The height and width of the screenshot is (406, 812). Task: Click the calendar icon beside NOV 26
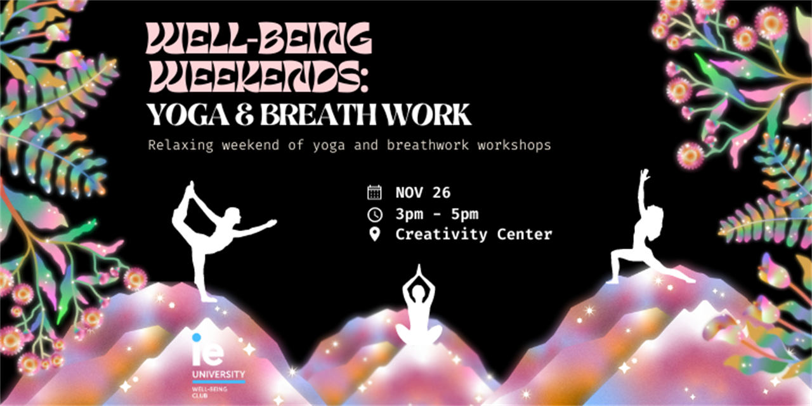click(374, 192)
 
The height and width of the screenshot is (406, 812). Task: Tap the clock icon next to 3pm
click(374, 214)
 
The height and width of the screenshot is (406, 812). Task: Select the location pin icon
click(374, 234)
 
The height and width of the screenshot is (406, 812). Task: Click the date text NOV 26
click(423, 192)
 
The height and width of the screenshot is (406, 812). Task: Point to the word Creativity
click(441, 235)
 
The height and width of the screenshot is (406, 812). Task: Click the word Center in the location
click(525, 235)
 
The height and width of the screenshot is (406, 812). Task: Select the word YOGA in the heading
click(188, 115)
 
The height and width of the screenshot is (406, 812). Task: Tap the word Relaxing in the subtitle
click(181, 145)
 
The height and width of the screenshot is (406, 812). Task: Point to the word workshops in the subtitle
click(514, 145)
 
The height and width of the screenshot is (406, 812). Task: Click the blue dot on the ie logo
click(197, 338)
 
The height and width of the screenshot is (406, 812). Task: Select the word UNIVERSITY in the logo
click(219, 374)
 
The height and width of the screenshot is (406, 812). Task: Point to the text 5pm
click(465, 214)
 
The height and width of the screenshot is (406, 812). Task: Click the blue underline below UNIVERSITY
click(219, 382)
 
